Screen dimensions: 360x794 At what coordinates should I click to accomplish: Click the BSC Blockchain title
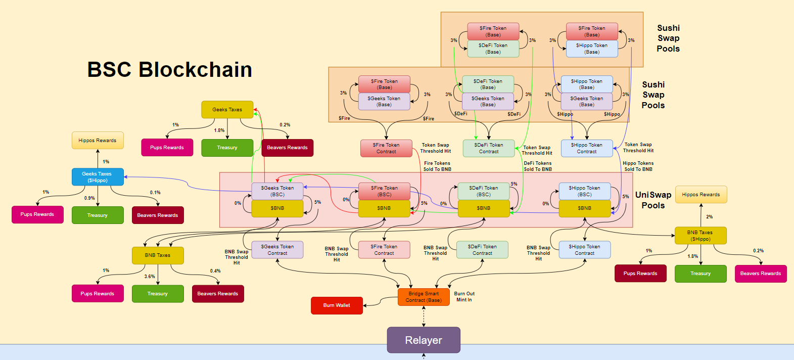(170, 70)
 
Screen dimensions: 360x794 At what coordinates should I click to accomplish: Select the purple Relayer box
(424, 340)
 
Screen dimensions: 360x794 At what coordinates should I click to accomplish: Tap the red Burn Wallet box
(337, 305)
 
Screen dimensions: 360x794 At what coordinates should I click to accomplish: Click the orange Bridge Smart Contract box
(424, 297)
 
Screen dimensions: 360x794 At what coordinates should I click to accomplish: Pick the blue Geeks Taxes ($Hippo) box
(98, 177)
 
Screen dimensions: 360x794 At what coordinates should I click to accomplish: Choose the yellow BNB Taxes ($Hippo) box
(700, 236)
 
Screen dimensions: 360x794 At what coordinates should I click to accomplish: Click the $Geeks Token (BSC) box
(277, 191)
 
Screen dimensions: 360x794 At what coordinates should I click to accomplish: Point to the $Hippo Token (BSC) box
(584, 191)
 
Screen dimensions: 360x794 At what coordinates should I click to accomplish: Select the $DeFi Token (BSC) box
(483, 191)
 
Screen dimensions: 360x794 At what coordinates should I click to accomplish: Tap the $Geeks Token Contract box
(277, 250)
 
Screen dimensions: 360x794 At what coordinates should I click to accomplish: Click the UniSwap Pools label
(653, 200)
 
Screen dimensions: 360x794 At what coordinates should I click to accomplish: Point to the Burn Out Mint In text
(464, 297)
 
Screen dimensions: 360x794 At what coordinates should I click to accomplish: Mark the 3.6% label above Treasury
(150, 277)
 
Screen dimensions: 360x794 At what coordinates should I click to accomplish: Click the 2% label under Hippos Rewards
(709, 217)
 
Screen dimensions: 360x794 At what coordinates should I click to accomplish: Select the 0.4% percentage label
(215, 271)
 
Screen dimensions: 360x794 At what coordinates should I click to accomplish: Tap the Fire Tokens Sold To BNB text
(437, 166)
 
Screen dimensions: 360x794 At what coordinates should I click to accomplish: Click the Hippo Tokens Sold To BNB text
(638, 166)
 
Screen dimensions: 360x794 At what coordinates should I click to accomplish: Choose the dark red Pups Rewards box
(640, 274)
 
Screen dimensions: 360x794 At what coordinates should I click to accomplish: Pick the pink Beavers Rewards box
(760, 274)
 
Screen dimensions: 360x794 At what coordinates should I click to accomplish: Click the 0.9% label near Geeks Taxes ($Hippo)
(89, 198)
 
